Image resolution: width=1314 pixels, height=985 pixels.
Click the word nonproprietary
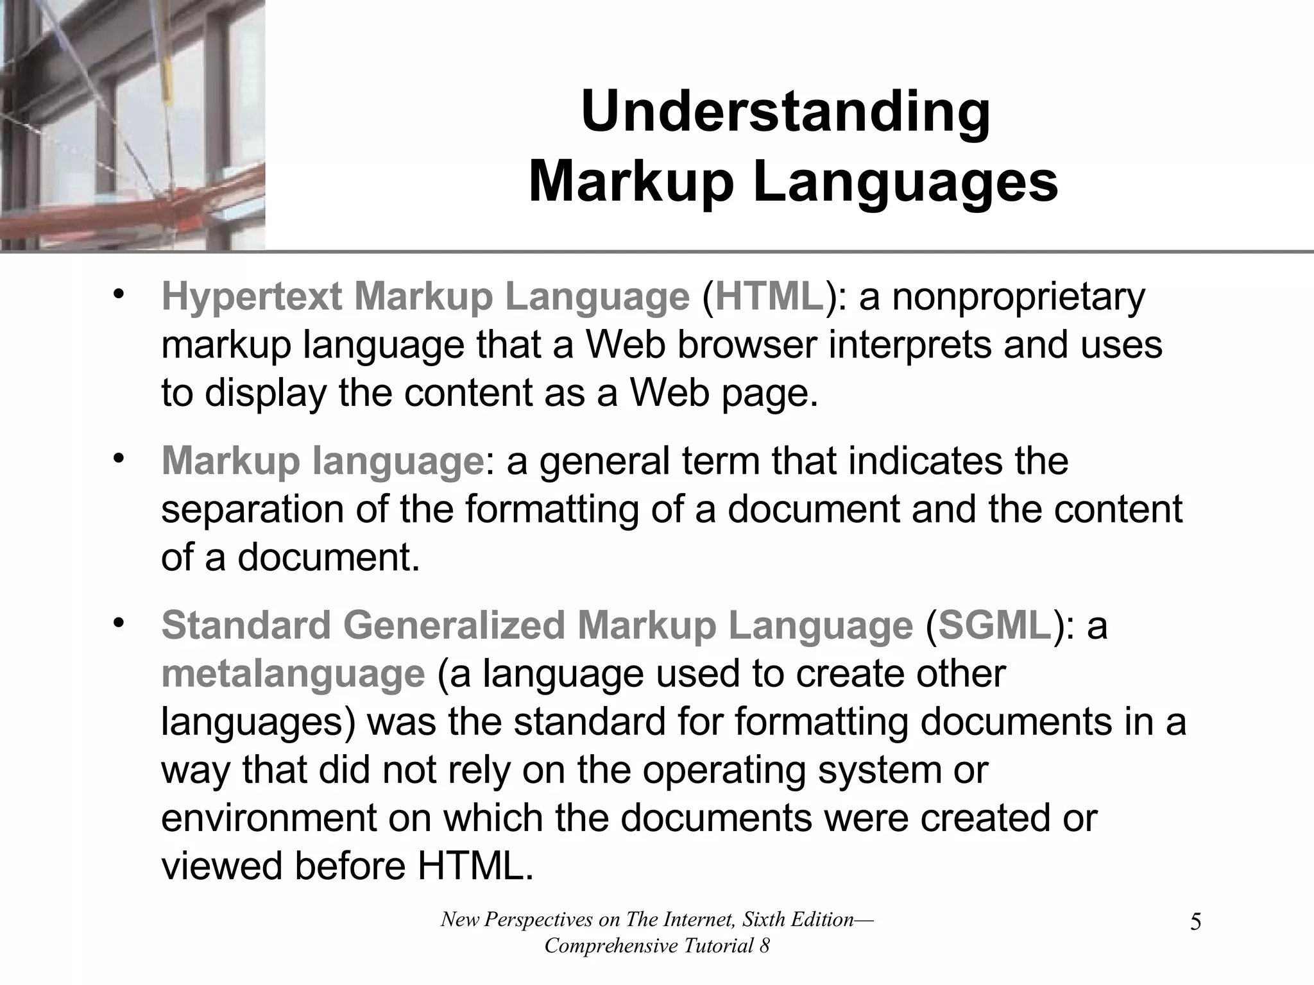tap(1018, 297)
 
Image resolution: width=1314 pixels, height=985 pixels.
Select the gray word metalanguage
tap(293, 673)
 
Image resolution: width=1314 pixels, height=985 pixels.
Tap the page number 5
tap(1195, 923)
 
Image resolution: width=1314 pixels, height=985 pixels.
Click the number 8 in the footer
tap(764, 946)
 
